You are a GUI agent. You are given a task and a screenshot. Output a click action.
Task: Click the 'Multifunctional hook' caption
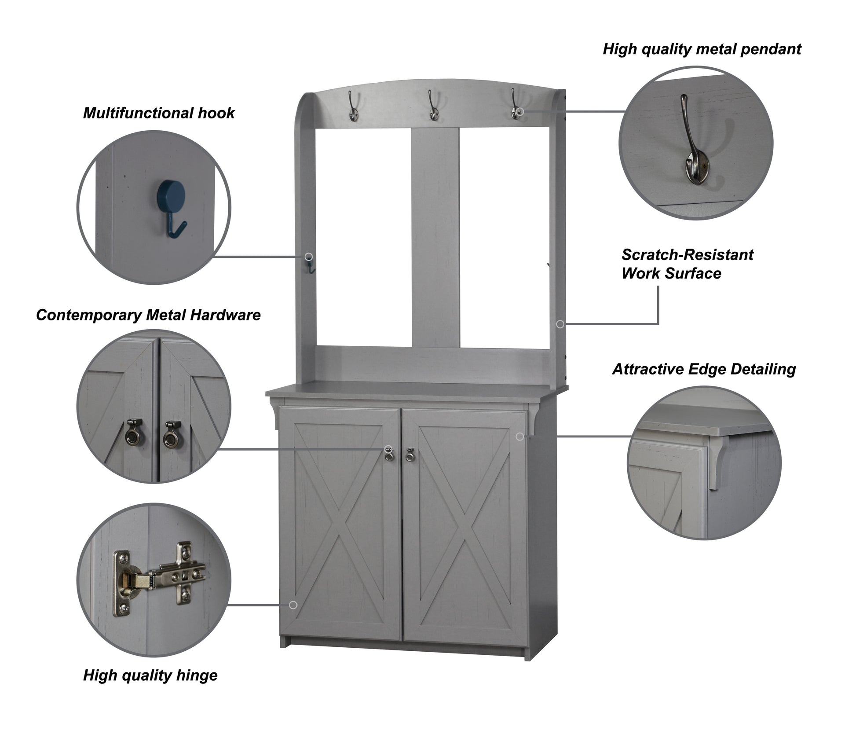[159, 113]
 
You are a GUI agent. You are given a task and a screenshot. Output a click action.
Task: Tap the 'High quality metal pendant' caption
[702, 49]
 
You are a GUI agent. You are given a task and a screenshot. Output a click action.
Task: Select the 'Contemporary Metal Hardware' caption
[148, 315]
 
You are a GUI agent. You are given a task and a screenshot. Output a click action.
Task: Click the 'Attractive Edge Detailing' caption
[704, 369]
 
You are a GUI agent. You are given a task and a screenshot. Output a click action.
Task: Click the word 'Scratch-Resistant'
[687, 255]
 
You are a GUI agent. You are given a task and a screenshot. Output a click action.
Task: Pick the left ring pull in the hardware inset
[131, 433]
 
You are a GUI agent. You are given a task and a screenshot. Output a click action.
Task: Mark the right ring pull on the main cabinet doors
[410, 455]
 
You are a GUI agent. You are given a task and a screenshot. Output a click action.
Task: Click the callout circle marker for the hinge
[293, 605]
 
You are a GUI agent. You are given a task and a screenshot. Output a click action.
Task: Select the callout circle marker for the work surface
[560, 324]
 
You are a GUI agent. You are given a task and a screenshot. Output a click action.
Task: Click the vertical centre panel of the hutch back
[435, 238]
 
